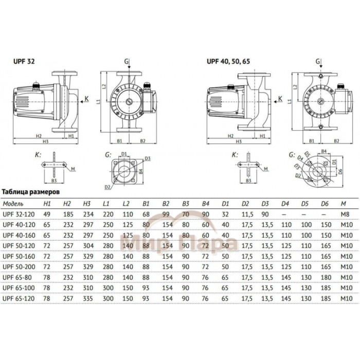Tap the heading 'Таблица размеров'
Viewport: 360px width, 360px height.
click(32, 190)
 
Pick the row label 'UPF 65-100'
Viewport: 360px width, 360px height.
click(19, 287)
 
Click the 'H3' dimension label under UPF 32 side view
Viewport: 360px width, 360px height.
click(45, 141)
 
